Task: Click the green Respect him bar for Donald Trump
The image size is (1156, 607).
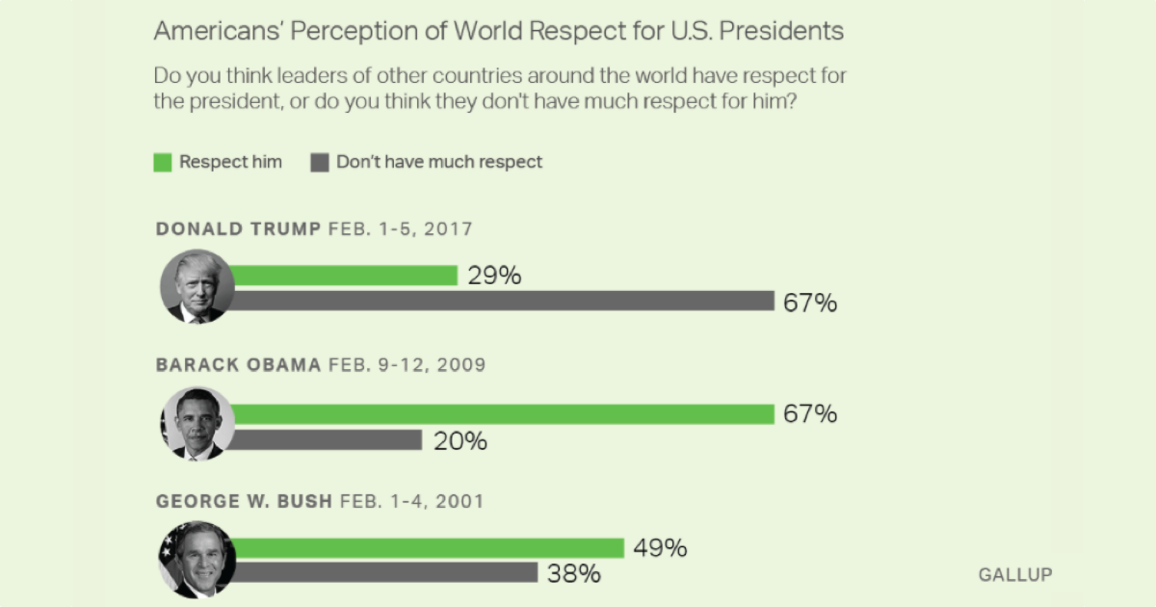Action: [343, 276]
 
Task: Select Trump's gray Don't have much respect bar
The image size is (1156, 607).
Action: [501, 302]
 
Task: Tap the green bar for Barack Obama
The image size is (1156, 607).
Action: [501, 414]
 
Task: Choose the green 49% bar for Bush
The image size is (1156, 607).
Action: [428, 548]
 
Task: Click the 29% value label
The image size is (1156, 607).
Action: [494, 276]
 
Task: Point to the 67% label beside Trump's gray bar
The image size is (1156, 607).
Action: [810, 303]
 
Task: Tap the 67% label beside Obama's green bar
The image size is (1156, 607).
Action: [810, 414]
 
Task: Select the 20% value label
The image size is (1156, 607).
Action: [460, 441]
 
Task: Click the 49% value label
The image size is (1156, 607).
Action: [660, 548]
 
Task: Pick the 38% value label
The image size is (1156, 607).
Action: [574, 574]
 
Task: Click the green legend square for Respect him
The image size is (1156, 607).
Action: [162, 162]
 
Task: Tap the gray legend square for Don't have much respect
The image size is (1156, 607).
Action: [319, 162]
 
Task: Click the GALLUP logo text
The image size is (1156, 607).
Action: [1015, 574]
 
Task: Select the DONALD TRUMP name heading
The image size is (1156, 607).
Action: [238, 229]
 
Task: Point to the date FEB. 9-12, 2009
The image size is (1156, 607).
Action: [407, 365]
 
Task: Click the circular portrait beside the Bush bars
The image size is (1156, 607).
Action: [197, 560]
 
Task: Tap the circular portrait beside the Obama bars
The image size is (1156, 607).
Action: [197, 424]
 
